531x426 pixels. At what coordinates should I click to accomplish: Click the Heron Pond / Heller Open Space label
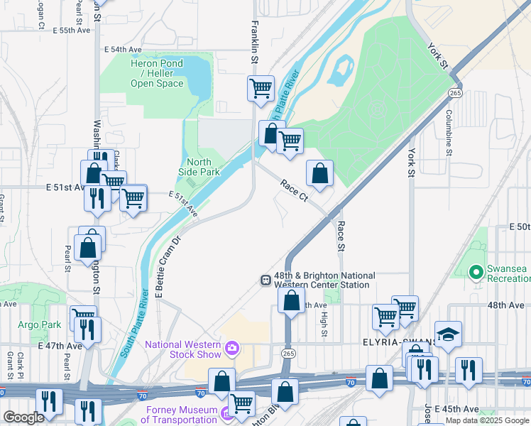pos(156,74)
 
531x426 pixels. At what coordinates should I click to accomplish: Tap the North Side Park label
pos(203,167)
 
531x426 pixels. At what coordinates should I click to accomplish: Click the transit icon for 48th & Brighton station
pos(265,280)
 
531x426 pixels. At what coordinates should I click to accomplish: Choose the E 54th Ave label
pos(123,50)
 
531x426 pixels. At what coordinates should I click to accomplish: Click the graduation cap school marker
pos(449,335)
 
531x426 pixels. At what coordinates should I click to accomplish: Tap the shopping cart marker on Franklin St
pos(261,89)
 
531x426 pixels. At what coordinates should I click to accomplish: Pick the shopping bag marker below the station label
pos(291,301)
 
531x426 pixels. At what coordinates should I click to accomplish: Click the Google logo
pos(23,417)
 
